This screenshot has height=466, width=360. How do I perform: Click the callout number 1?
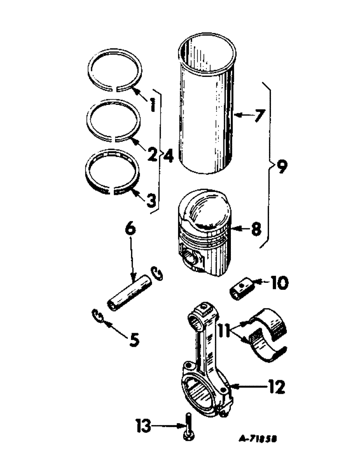click(151, 99)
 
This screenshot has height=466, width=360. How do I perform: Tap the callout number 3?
click(151, 201)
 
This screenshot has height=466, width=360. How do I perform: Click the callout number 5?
click(134, 341)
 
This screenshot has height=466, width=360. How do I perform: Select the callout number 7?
click(259, 115)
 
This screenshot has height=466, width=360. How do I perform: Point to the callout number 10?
click(282, 282)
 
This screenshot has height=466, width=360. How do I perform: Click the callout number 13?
click(144, 425)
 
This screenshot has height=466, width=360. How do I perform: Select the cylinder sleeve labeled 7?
click(206, 107)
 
